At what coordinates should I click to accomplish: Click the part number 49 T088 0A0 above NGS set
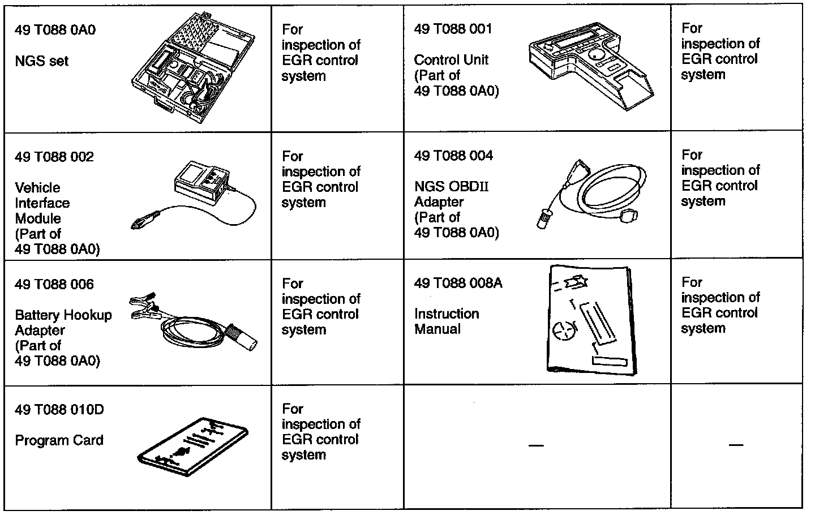click(x=55, y=30)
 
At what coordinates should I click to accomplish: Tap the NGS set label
click(x=41, y=61)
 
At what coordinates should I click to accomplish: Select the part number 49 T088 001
click(x=453, y=29)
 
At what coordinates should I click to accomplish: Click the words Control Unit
click(x=451, y=60)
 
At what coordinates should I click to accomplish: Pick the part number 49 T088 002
click(x=54, y=157)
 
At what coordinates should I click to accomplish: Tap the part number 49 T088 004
click(x=453, y=156)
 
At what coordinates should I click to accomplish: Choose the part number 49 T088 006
click(x=54, y=284)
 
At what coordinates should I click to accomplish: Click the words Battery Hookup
click(x=63, y=315)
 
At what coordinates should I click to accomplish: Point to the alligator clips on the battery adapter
click(x=144, y=306)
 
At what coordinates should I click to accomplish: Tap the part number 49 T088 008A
click(x=458, y=283)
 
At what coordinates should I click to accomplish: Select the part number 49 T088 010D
click(x=59, y=410)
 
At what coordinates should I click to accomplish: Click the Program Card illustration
click(x=193, y=447)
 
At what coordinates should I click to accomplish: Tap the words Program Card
click(x=59, y=440)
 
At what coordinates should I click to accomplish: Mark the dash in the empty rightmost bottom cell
click(x=736, y=445)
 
